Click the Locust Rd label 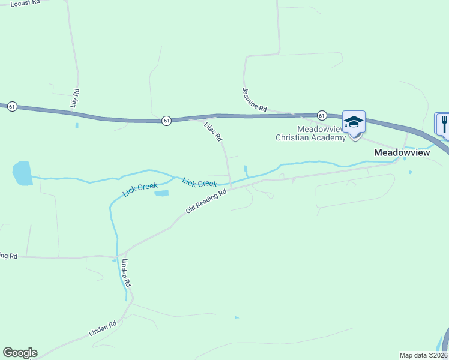[25, 2]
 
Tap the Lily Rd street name [75, 98]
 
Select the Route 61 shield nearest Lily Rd [13, 106]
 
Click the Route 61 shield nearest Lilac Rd [166, 121]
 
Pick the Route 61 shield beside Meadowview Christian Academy [322, 115]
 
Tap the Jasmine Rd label [254, 100]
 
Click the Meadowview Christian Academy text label [310, 133]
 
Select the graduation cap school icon [354, 122]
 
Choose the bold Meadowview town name [402, 152]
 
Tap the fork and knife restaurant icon [443, 124]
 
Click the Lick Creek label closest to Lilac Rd [199, 182]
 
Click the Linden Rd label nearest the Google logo [102, 328]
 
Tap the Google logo [20, 353]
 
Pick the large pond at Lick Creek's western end [22, 173]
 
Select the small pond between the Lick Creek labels [161, 193]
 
